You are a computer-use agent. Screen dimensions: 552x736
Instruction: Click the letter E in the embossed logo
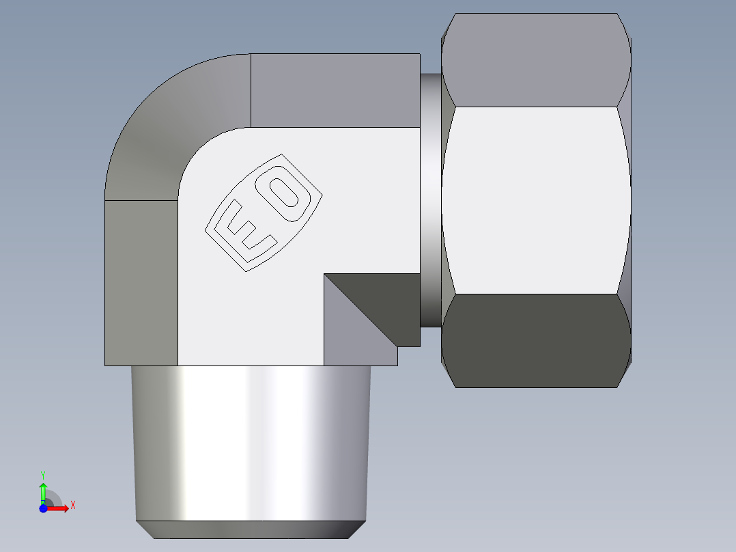pos(246,228)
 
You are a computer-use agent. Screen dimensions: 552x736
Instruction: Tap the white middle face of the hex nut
pos(535,199)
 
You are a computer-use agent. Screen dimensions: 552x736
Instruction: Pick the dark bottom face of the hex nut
pos(535,340)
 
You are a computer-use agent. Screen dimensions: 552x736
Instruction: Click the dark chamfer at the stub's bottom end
pos(251,529)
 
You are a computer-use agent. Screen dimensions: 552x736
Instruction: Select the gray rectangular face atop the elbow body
pos(335,89)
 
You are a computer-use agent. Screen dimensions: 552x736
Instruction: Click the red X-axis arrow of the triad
pos(60,508)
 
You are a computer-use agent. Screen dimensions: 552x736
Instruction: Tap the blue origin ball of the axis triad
pos(44,508)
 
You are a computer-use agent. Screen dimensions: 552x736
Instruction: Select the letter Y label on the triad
pos(43,474)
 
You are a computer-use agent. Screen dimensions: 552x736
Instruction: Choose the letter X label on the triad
pos(73,506)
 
